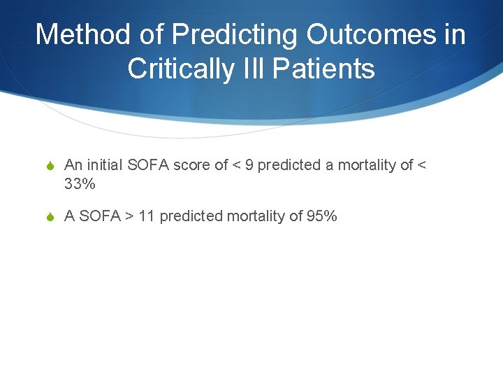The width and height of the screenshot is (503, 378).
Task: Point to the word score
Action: click(192, 165)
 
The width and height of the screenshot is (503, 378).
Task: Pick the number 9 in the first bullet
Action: click(249, 165)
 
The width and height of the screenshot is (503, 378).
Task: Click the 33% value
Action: click(80, 185)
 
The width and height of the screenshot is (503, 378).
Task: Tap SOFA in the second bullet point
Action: click(99, 216)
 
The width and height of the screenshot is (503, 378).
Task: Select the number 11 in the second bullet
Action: click(147, 216)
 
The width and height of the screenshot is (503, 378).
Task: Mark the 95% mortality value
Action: click(322, 216)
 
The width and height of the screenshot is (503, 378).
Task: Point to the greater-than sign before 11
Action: click(129, 216)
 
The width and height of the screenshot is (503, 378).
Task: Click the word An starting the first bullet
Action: click(73, 165)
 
